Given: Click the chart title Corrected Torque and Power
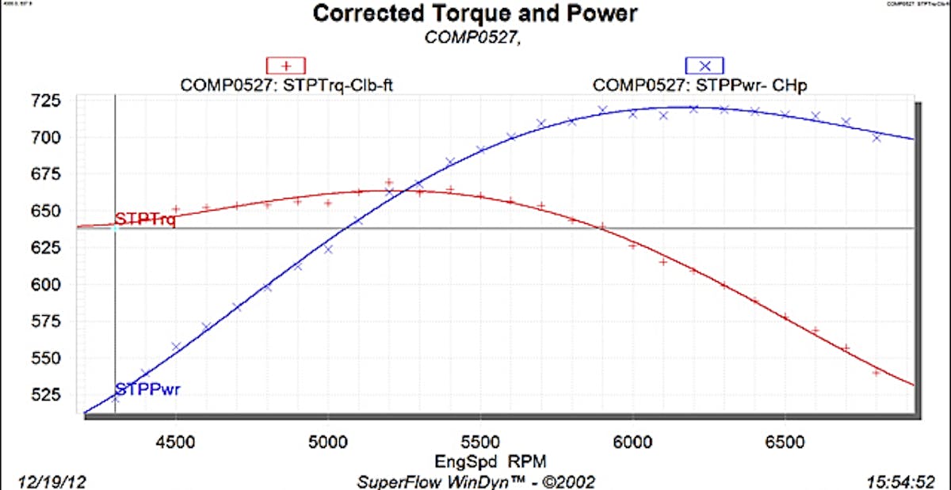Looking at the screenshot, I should (x=475, y=14).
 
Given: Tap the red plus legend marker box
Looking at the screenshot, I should (x=286, y=66).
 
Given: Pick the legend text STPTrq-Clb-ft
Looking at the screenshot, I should (x=287, y=85).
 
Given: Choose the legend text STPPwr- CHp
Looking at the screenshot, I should (x=701, y=85).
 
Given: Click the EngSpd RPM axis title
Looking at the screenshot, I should (x=479, y=460).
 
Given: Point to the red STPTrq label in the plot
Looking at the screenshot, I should (x=145, y=219).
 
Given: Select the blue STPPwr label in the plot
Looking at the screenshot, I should (x=145, y=389).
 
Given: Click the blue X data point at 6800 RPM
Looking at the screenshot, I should (x=877, y=138).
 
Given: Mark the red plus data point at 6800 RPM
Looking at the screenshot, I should (x=877, y=372).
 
